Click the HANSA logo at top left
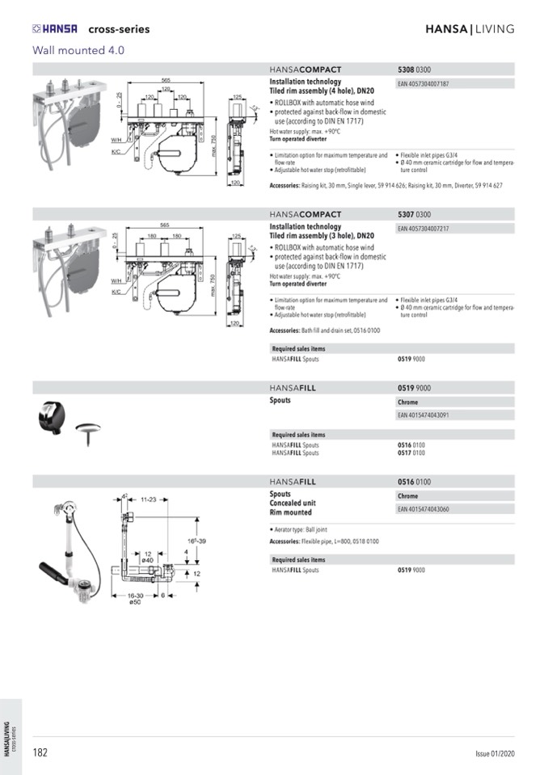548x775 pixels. [x=55, y=29]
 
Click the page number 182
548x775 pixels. [x=40, y=752]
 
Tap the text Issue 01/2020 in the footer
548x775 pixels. [x=494, y=754]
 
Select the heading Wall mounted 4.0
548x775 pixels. [x=78, y=50]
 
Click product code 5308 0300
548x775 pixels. [x=415, y=69]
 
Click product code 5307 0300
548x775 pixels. [x=415, y=215]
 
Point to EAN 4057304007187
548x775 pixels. [x=424, y=83]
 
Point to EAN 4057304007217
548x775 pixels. [x=424, y=229]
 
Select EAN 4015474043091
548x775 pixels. [x=424, y=415]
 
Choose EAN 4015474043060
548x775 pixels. [x=424, y=509]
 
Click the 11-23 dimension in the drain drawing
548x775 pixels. [x=147, y=499]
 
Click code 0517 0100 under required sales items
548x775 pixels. [x=411, y=453]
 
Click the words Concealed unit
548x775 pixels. [x=293, y=503]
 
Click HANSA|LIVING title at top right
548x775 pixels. [x=470, y=29]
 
